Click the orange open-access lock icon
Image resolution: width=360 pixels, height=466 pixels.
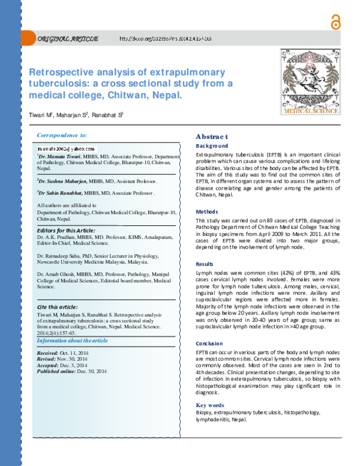(334, 21)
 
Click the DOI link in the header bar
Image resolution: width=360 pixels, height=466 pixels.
(165, 39)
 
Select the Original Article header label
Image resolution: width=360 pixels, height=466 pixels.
(68, 39)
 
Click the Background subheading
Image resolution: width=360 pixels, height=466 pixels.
(212, 146)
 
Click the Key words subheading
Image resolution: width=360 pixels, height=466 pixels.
(209, 405)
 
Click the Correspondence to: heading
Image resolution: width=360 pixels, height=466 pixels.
(62, 136)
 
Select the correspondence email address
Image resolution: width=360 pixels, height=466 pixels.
(66, 148)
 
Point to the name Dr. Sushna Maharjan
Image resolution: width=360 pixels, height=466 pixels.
(62, 181)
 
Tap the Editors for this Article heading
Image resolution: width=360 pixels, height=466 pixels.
(66, 230)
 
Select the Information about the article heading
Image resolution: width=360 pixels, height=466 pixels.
(72, 340)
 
